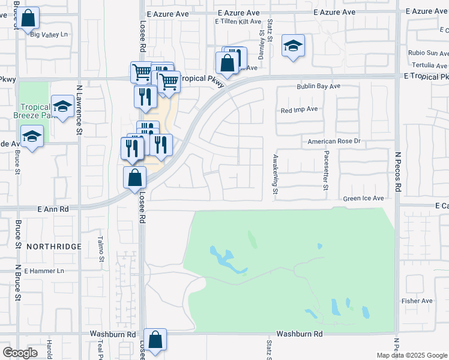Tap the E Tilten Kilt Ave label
point(237,21)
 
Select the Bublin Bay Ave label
point(318,86)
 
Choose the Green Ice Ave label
point(363,198)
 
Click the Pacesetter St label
point(326,171)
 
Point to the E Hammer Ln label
point(43,271)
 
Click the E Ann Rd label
point(53,209)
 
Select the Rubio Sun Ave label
point(428,53)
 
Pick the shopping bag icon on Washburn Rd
point(155,340)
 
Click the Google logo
point(20,353)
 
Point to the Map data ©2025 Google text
point(411,355)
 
